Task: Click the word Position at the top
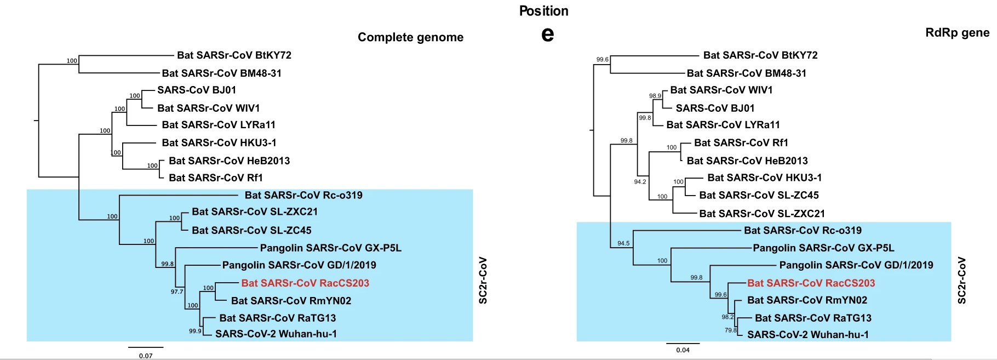click(x=543, y=11)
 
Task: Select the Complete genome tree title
click(x=410, y=37)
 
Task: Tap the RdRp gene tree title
click(x=957, y=32)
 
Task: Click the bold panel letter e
click(x=547, y=35)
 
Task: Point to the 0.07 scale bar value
click(x=146, y=356)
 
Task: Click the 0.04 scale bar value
click(x=683, y=350)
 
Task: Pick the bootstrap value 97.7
click(x=177, y=292)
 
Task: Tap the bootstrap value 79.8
click(x=731, y=330)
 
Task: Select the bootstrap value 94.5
click(x=623, y=243)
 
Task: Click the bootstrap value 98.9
click(x=655, y=96)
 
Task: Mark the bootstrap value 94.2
click(x=640, y=182)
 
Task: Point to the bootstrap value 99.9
click(x=195, y=331)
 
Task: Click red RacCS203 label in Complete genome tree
click(x=305, y=283)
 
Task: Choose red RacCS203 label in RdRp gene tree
click(x=811, y=283)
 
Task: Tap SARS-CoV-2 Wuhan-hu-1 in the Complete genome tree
click(x=276, y=334)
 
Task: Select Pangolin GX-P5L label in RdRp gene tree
click(x=823, y=248)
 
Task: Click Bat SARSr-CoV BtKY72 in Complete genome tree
click(x=234, y=55)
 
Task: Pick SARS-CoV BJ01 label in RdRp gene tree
click(x=715, y=108)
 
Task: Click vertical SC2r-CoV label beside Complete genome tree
click(x=483, y=280)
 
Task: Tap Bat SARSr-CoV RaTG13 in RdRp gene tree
click(x=813, y=318)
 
